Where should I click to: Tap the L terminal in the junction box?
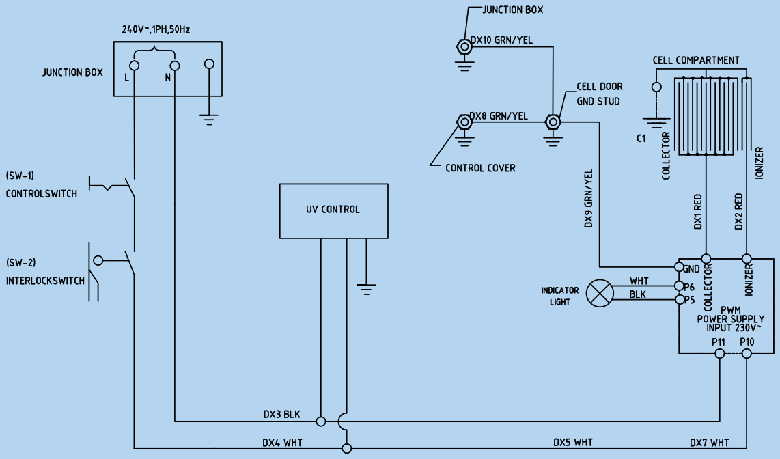pyautogui.click(x=135, y=66)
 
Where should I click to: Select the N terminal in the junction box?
pyautogui.click(x=174, y=66)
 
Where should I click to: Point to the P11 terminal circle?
pyautogui.click(x=719, y=353)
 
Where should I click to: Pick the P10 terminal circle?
pyautogui.click(x=747, y=353)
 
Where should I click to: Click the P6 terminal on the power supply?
pyautogui.click(x=679, y=286)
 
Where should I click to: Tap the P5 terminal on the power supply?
pyautogui.click(x=679, y=299)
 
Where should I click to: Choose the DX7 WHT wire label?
pyautogui.click(x=709, y=443)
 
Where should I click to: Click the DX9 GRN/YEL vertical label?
pyautogui.click(x=588, y=198)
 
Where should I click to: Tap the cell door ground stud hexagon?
pyautogui.click(x=553, y=122)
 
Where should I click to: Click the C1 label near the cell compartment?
pyautogui.click(x=641, y=139)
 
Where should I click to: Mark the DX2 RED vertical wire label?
pyautogui.click(x=738, y=212)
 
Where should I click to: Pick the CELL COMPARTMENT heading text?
pyautogui.click(x=695, y=60)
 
